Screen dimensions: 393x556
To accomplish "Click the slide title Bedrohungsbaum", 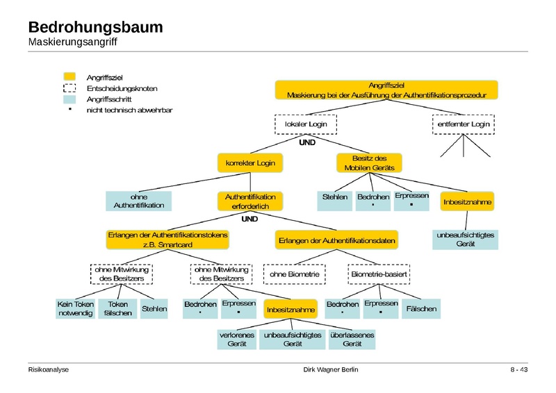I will [95, 28].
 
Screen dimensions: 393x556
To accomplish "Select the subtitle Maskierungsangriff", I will [72, 43].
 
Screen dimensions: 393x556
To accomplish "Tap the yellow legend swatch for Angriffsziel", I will [69, 76].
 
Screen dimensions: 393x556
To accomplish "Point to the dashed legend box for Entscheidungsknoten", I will [69, 88].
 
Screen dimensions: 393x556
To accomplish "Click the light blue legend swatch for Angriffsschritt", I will [69, 99].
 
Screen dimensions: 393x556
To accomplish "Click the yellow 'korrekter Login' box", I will [251, 163].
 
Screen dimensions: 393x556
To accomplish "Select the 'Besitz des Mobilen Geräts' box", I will [369, 163].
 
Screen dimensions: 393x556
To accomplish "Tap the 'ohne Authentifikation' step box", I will [139, 201].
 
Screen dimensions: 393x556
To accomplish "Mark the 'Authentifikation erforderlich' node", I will [251, 201].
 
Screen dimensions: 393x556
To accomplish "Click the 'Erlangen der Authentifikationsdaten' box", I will [337, 240].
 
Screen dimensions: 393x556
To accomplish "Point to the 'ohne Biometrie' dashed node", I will [295, 275].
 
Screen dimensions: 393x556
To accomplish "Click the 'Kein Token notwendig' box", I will [74, 309].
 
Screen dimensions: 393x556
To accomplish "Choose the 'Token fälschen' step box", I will [118, 309].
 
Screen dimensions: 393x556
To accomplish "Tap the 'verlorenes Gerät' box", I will [236, 340].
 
